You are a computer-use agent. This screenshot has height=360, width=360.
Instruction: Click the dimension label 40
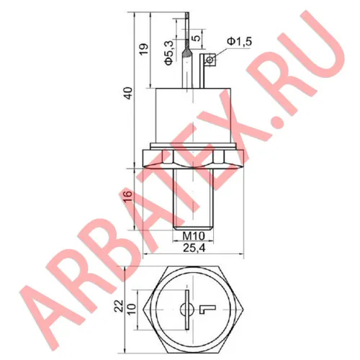point(128,93)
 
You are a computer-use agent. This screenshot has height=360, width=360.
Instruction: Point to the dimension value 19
point(143,49)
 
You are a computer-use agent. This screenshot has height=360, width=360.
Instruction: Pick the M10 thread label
point(189,236)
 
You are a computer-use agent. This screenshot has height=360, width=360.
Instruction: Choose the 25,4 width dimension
point(190,248)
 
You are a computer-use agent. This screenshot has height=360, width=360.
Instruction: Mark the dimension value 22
point(120,307)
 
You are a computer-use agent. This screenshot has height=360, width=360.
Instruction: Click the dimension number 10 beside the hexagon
point(130,307)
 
